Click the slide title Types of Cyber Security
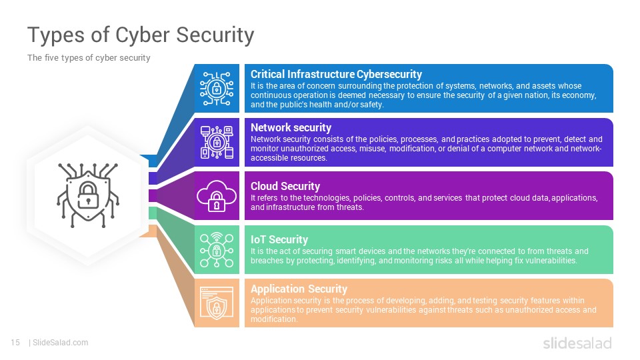(x=141, y=35)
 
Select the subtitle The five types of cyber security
(x=89, y=58)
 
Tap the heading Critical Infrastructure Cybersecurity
(x=336, y=74)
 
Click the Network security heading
(x=291, y=128)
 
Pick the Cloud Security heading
(x=285, y=186)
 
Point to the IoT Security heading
(x=279, y=239)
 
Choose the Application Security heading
(x=299, y=289)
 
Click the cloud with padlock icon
(x=216, y=196)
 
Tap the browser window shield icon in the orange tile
(x=216, y=303)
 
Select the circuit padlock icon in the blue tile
(x=216, y=89)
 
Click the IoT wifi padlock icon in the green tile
(x=216, y=250)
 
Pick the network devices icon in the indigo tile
(x=216, y=142)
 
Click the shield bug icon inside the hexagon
(x=88, y=195)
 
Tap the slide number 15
(x=15, y=343)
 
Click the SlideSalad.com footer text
(x=60, y=343)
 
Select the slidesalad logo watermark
(x=577, y=343)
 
